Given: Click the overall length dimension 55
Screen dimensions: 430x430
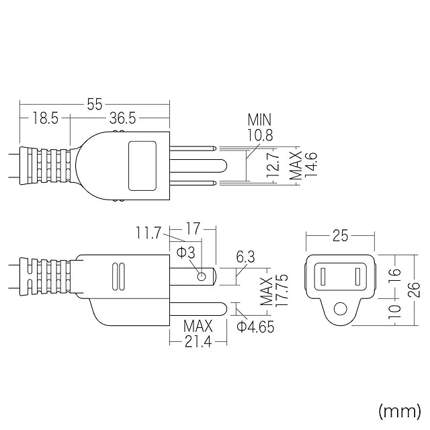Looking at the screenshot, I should tap(94, 104).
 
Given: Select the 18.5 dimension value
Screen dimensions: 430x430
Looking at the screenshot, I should tap(44, 119).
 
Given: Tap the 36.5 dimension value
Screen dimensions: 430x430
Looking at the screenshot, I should tap(123, 119).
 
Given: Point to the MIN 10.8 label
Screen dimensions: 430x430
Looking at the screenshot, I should tap(260, 128).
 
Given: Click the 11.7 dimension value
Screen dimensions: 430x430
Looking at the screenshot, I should tap(148, 234).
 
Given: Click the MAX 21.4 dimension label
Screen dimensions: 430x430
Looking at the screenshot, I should tap(198, 335).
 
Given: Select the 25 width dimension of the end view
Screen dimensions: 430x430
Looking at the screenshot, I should tap(340, 236).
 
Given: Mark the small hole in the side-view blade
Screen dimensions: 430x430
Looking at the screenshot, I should tap(201, 277).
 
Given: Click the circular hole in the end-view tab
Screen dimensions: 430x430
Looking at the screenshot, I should tap(341, 309).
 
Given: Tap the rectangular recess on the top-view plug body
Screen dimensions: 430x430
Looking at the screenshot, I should tap(142, 165).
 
